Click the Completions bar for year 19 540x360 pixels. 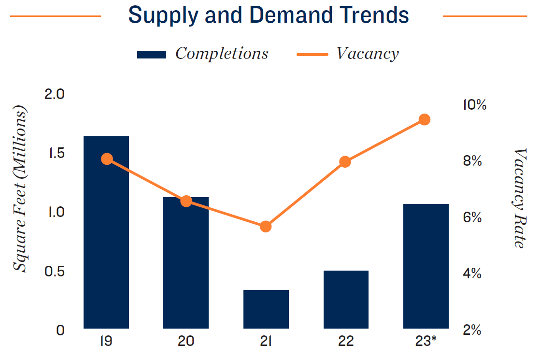[x=106, y=232]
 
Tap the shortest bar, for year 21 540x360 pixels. [x=266, y=309]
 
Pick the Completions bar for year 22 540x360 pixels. [x=346, y=300]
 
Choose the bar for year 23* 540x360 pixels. [x=426, y=266]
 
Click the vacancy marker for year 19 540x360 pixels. [x=107, y=159]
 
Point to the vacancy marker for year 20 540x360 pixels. [x=186, y=202]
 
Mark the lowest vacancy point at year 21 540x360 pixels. [x=266, y=227]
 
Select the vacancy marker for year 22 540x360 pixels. [x=345, y=162]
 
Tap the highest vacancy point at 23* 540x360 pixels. [x=425, y=120]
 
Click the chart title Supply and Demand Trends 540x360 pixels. [x=269, y=15]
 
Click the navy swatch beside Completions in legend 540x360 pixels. [x=152, y=54]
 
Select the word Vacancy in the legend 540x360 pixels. [x=368, y=54]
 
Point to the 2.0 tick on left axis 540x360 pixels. [x=54, y=94]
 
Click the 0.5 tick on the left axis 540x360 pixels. [x=54, y=272]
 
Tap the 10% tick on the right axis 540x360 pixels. [x=474, y=104]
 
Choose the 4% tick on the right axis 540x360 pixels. [x=472, y=274]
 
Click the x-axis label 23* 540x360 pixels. [x=426, y=341]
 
